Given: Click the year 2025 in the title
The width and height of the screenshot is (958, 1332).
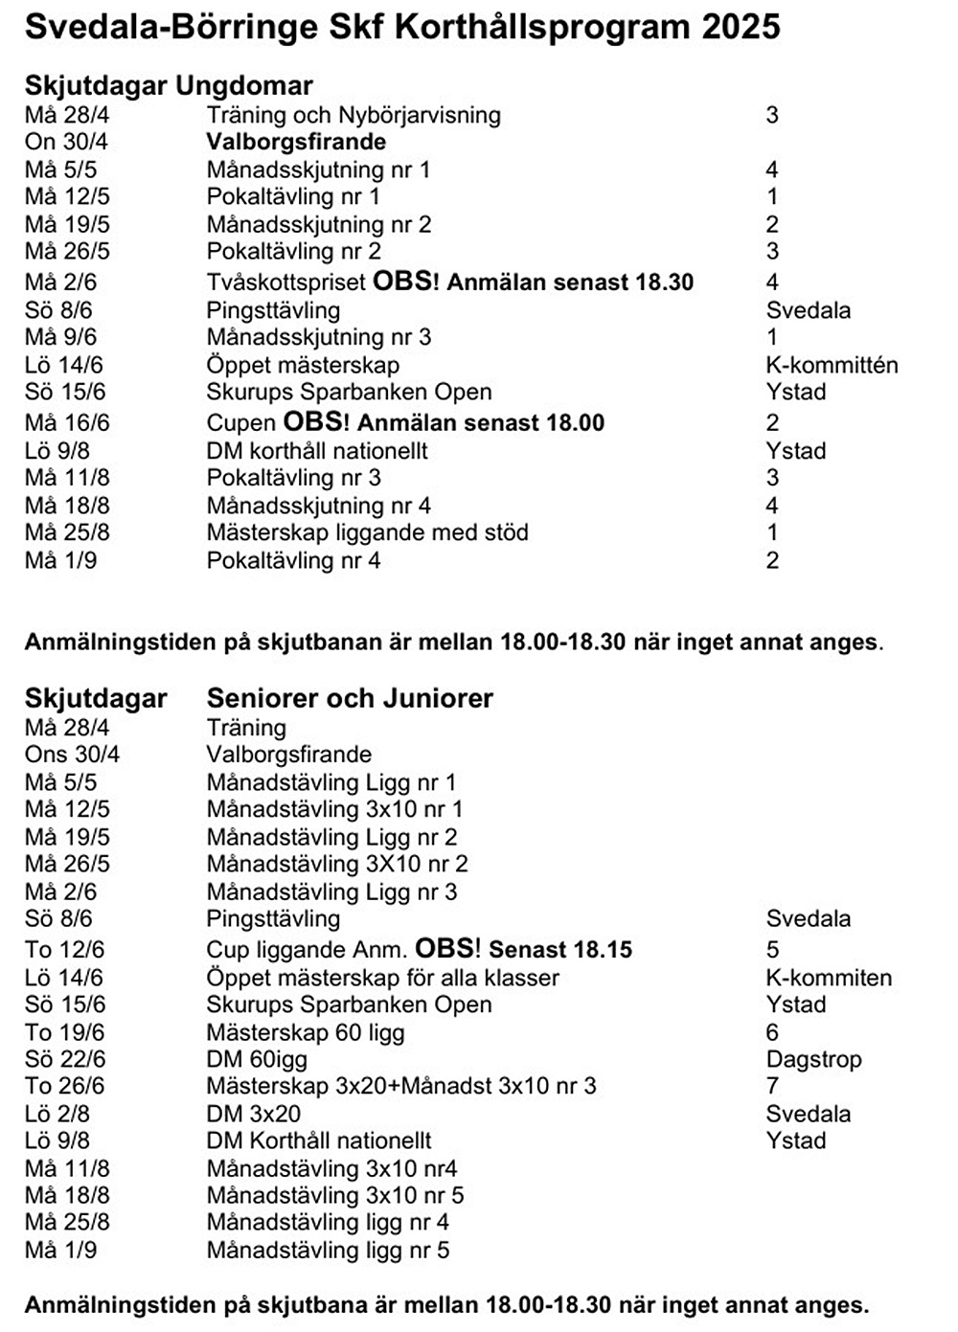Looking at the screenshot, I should pyautogui.click(x=741, y=27).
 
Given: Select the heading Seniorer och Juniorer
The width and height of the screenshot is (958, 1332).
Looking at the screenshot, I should pyautogui.click(x=350, y=698).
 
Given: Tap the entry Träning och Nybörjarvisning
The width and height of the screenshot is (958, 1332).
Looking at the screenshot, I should pyautogui.click(x=354, y=115).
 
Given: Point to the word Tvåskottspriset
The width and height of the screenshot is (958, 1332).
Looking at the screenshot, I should pyautogui.click(x=285, y=282).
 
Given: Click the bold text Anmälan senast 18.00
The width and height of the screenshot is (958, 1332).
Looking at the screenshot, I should pyautogui.click(x=481, y=423).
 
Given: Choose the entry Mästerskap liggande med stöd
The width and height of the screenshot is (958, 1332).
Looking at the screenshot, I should pyautogui.click(x=367, y=532).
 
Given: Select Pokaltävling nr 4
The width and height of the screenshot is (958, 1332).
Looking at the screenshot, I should pyautogui.click(x=293, y=560).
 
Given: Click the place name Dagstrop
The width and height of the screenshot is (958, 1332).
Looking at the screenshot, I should pyautogui.click(x=813, y=1059).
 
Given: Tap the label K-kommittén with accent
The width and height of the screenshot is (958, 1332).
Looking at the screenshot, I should pyautogui.click(x=832, y=365).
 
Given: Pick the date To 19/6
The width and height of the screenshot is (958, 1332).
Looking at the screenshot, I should pyautogui.click(x=64, y=1032).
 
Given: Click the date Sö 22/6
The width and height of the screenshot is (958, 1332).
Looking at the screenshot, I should pyautogui.click(x=65, y=1059).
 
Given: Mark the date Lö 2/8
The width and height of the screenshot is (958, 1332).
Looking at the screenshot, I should pyautogui.click(x=57, y=1114).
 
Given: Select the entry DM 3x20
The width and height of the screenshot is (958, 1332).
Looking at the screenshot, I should pyautogui.click(x=253, y=1114).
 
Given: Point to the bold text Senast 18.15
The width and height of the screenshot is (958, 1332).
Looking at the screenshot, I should pyautogui.click(x=560, y=950).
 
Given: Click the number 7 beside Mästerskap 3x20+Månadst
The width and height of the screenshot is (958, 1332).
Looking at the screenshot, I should pyautogui.click(x=772, y=1086).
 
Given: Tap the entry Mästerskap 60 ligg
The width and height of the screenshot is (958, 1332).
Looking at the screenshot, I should pyautogui.click(x=306, y=1032).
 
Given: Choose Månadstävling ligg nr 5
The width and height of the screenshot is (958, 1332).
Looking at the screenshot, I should pyautogui.click(x=328, y=1250).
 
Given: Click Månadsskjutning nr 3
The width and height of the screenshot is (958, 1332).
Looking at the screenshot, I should pyautogui.click(x=319, y=337).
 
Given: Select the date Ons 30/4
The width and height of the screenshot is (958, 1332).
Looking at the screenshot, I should pyautogui.click(x=72, y=755).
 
